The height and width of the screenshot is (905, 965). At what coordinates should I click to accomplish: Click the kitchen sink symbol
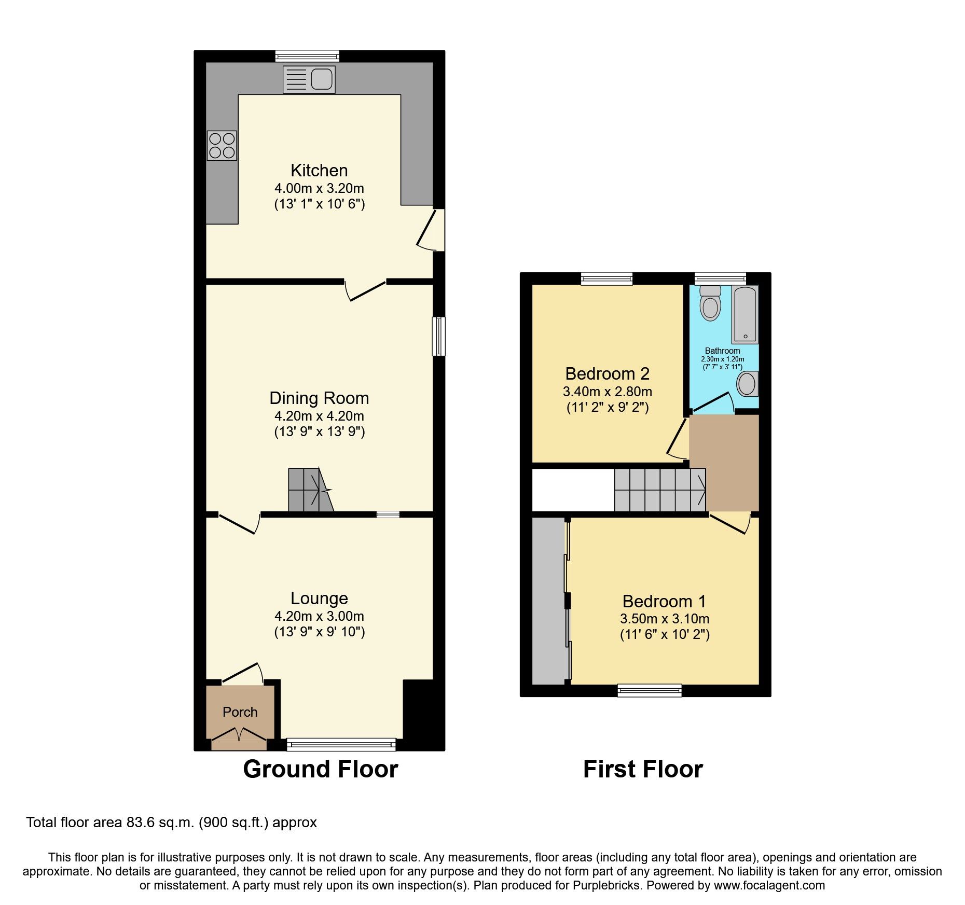309,79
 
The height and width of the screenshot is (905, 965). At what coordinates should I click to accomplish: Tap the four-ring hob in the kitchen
222,145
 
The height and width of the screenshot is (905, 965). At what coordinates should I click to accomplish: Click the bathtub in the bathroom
745,314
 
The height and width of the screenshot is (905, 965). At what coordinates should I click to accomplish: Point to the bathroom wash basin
747,384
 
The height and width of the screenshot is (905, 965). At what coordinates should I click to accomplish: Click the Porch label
240,712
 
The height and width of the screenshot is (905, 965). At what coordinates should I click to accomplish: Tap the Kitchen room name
319,170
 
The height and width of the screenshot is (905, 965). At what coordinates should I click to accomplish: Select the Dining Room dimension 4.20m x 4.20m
319,416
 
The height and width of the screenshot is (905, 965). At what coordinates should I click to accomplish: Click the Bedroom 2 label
607,373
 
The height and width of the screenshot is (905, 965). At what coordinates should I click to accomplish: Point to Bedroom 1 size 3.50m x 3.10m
664,619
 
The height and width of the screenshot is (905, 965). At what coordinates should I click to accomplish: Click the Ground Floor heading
320,769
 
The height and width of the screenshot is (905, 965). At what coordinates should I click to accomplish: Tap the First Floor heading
643,769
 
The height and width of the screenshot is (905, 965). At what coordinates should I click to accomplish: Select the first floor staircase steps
660,490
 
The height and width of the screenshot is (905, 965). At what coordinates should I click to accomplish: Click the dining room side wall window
438,336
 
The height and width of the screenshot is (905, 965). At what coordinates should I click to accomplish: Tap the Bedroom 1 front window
649,690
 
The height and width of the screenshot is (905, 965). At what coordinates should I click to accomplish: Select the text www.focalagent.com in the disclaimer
769,885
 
